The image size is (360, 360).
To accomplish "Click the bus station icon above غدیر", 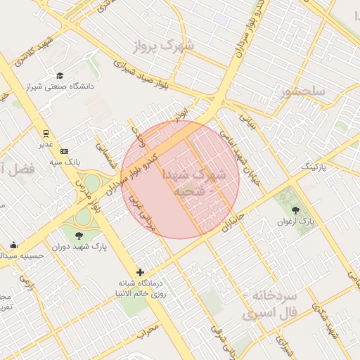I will point(46,133).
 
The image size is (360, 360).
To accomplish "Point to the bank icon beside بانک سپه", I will point(64,150).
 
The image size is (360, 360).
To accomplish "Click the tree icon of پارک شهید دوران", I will point(77,235).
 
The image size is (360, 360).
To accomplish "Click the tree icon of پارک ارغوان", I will point(294,210).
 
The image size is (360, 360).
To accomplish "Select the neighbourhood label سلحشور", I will point(302,91).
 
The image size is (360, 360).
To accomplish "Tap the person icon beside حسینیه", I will point(13,245).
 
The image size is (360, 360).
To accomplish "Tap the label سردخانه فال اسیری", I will point(271,304).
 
